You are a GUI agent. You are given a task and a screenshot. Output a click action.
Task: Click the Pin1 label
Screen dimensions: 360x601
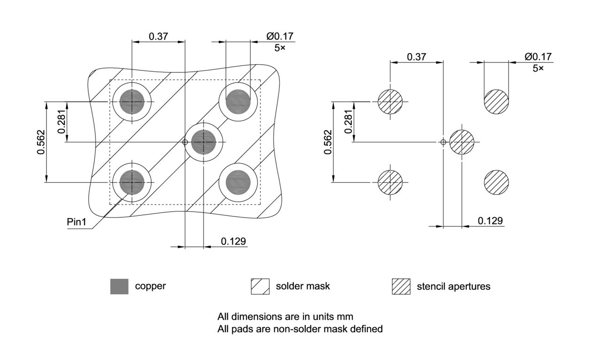tap(77, 222)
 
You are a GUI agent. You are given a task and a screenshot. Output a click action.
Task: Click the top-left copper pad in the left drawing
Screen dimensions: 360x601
tap(132, 101)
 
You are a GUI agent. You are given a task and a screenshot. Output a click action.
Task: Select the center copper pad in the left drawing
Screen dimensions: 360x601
tap(203, 141)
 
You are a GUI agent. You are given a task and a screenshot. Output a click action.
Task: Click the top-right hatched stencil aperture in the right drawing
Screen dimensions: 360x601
tap(496, 101)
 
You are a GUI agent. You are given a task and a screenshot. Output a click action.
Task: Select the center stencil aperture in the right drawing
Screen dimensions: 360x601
tap(462, 141)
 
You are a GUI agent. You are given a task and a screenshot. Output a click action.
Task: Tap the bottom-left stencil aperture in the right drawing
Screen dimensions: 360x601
tap(390, 182)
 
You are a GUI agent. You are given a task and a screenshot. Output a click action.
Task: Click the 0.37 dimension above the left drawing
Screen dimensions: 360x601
tap(159, 36)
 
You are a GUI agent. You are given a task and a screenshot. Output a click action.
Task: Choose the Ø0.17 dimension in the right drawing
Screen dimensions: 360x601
tap(538, 57)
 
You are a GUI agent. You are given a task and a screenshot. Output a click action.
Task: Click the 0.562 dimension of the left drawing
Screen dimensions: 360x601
tap(41, 142)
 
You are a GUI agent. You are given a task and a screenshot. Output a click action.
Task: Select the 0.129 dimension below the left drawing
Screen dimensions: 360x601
tap(233, 241)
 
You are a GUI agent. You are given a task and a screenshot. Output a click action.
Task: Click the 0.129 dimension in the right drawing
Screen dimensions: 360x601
tap(490, 221)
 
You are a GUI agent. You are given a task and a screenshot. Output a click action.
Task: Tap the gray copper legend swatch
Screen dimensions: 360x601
tap(119, 286)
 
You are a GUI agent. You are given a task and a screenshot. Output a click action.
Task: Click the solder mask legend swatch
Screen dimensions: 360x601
tap(260, 286)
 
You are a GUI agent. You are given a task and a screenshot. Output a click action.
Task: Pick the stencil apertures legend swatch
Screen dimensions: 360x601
tap(401, 286)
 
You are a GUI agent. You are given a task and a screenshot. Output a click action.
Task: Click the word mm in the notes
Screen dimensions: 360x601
tap(344, 316)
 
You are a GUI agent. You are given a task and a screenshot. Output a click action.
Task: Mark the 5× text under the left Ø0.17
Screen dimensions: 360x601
tap(279, 48)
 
